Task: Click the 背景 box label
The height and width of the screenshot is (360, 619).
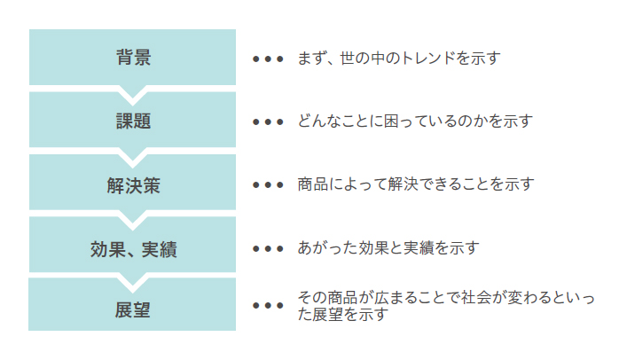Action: click(132, 59)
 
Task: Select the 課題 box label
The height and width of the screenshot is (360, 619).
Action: click(132, 121)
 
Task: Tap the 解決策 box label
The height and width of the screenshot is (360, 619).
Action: click(132, 185)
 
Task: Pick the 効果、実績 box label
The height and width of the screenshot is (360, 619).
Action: click(133, 249)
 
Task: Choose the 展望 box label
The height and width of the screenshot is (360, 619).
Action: click(132, 310)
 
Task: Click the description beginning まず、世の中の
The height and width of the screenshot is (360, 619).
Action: click(399, 59)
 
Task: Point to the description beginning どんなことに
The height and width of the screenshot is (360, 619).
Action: click(416, 121)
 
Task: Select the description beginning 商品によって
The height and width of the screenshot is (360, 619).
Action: click(416, 185)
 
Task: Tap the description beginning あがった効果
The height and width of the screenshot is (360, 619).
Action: click(389, 248)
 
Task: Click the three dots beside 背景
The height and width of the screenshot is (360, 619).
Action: click(268, 59)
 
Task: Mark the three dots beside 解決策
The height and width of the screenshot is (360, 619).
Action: click(268, 186)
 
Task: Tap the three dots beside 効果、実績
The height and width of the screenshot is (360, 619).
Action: click(268, 249)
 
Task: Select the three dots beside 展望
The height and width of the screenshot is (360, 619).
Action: click(268, 306)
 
